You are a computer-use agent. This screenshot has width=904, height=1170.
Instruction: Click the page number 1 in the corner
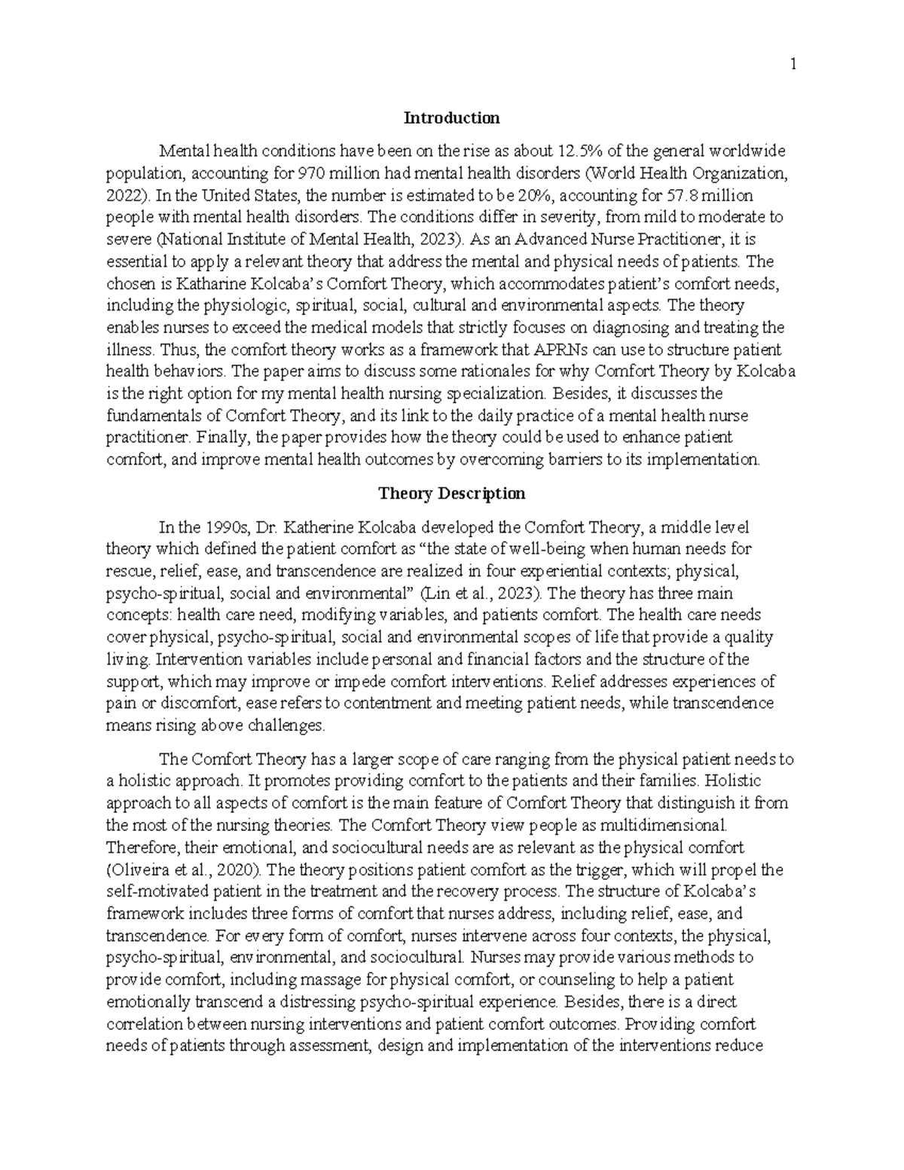tap(793, 65)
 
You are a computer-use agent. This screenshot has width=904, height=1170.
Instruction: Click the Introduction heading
tap(451, 118)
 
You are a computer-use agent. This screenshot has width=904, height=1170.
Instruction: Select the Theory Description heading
tap(451, 493)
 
